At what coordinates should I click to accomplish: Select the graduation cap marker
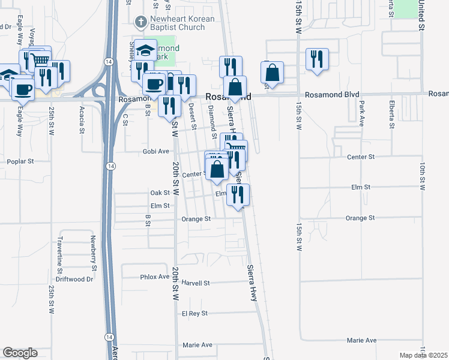coord(146,50)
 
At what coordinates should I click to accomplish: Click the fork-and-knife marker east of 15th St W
coord(316,59)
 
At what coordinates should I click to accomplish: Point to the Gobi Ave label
coord(155,152)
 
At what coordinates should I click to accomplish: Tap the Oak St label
coord(160,193)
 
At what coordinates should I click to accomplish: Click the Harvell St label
coord(196,283)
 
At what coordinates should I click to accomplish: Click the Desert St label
coord(193,116)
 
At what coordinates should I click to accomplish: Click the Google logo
coord(20,353)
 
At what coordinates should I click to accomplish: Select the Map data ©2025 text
coord(423,355)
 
